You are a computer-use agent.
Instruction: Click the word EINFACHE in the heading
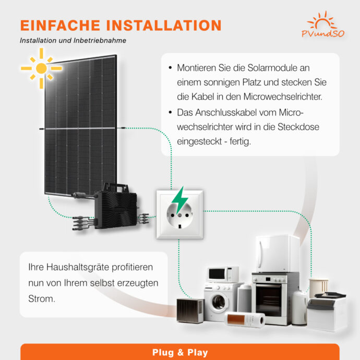coord(60,25)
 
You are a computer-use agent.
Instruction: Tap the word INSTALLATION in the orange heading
coord(164,25)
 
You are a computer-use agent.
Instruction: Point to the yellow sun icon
coord(41,68)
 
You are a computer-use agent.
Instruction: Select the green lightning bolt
coord(180,200)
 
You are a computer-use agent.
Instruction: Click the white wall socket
coord(180,214)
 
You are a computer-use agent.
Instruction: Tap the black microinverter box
coord(115,207)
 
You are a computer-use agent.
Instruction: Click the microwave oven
coord(223,274)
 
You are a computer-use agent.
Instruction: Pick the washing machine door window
coord(218,302)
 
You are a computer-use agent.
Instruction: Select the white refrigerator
coord(278,254)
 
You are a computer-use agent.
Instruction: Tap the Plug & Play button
coord(180,352)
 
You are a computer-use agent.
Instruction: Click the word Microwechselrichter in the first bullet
coord(283,97)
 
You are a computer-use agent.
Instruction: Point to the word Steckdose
coord(298,127)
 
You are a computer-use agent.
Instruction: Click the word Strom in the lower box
coord(42,299)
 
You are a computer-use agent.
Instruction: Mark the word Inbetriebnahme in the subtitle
coord(100,40)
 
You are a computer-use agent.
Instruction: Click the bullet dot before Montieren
coord(170,68)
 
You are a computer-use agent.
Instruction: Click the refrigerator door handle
coord(260,254)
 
